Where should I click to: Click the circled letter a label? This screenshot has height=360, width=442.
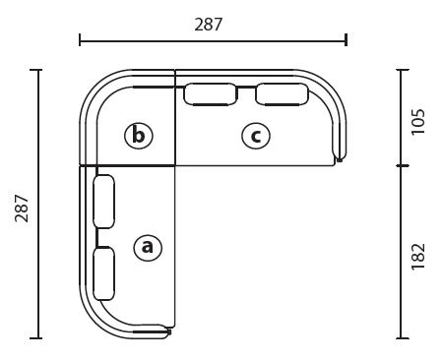(148, 247)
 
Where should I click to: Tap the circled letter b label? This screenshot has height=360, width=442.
(139, 136)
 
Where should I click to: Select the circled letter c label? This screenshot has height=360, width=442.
(256, 135)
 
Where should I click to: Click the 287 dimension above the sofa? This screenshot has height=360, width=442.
(209, 25)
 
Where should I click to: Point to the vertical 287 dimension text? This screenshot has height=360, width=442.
(22, 209)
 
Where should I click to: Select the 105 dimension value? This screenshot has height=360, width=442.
(418, 121)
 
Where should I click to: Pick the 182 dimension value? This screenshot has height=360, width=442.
(418, 257)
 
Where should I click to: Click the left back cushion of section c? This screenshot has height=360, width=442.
(210, 94)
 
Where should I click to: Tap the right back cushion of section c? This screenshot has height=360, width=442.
(282, 94)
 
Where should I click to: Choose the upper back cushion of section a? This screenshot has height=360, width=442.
(104, 202)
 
